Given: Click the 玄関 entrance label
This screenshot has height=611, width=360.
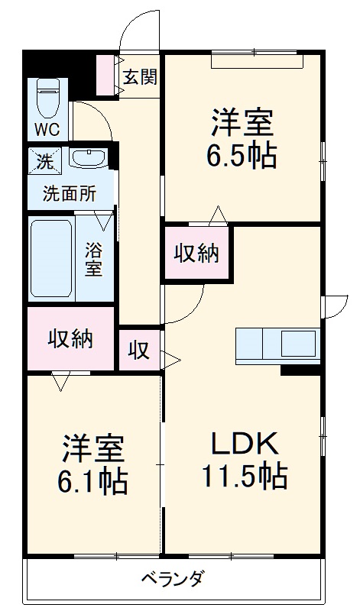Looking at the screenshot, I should point(141,76).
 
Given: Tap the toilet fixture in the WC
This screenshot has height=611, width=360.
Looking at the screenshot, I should point(48,96).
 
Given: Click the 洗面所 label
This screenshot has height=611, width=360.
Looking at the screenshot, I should point(69,193).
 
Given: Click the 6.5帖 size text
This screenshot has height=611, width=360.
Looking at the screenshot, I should point(241,156).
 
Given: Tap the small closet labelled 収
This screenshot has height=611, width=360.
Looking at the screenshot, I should point(138,350).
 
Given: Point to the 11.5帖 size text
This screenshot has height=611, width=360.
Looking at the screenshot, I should point(244,477).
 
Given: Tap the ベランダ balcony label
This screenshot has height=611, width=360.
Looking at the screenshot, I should point(173,578).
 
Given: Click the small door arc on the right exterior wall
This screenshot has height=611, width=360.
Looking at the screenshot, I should point(334,305).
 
